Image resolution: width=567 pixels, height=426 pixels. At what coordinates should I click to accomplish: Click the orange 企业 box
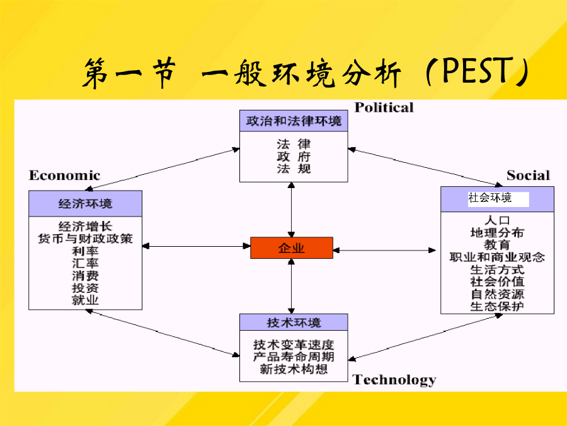(292, 248)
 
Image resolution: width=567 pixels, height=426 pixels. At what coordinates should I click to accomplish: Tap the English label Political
(384, 107)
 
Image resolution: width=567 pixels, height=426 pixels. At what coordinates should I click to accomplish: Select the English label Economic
(64, 175)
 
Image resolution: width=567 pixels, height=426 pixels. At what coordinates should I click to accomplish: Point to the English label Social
(528, 175)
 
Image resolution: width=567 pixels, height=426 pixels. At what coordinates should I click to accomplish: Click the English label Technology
(394, 380)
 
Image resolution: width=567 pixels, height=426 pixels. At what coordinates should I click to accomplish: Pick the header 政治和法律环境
(294, 121)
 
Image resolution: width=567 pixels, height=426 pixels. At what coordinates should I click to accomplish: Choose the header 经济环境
(85, 204)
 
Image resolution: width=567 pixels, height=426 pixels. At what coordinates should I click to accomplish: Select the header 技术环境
(294, 322)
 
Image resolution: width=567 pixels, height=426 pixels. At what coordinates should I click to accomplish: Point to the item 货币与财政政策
(85, 239)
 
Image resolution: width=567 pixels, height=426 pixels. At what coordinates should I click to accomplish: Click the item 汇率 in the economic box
(85, 263)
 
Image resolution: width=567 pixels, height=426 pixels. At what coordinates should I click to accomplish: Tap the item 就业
(85, 300)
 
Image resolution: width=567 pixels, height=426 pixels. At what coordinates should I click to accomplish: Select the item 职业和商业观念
(497, 257)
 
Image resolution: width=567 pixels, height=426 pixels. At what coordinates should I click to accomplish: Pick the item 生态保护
(497, 307)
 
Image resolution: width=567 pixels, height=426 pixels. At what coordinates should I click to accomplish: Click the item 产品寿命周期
(294, 357)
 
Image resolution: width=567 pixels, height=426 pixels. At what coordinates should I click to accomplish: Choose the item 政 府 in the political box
(294, 157)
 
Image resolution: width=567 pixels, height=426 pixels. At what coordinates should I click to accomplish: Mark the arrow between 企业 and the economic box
(197, 246)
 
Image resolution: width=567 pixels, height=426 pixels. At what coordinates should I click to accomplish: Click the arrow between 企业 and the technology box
(292, 286)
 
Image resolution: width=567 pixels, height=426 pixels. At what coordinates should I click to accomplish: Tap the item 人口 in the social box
(497, 220)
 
